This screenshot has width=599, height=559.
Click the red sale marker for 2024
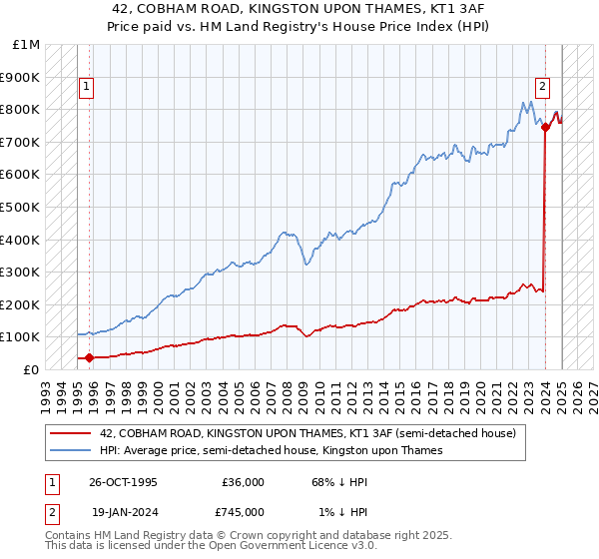(545, 127)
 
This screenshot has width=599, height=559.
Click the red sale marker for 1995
(90, 357)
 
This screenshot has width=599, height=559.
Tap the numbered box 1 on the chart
(87, 87)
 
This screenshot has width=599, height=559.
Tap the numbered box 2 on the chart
(542, 87)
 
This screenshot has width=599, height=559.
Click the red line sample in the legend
(70, 433)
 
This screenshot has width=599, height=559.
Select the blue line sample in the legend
(70, 450)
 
